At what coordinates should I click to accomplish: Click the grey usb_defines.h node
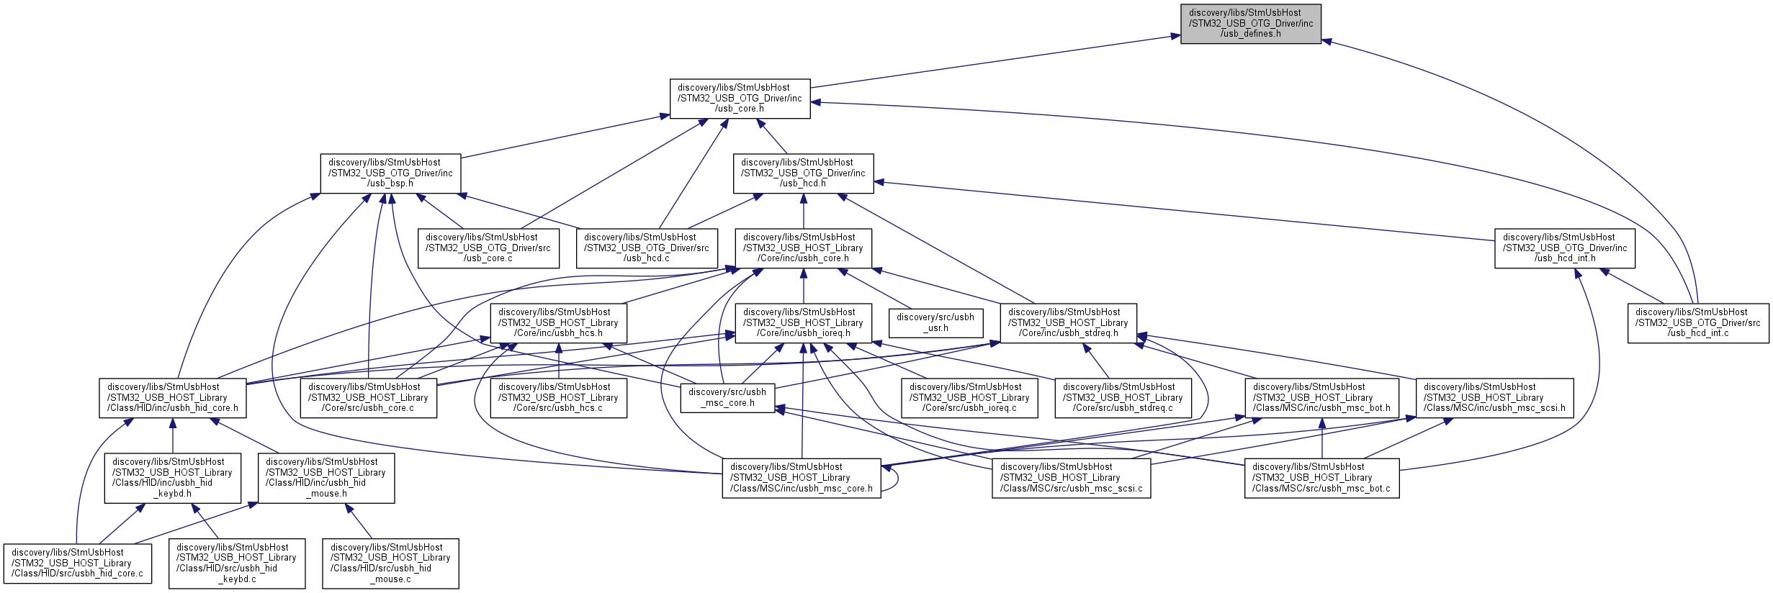[1250, 24]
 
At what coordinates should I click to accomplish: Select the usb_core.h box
[740, 99]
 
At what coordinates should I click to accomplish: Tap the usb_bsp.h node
[390, 173]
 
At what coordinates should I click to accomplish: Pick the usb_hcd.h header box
[803, 173]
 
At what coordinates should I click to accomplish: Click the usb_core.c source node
[488, 248]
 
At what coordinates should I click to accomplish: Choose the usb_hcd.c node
[647, 248]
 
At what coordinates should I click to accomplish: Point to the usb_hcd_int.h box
[1564, 248]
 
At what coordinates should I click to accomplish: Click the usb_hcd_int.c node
[1697, 323]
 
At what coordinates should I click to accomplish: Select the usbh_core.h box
[803, 248]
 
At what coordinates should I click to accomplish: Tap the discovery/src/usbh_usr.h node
[935, 323]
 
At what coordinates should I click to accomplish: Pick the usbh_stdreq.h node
[1068, 323]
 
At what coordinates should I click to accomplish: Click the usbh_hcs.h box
[558, 323]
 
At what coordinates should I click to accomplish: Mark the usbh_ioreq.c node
[969, 398]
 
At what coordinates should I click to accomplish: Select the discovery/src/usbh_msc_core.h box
[727, 398]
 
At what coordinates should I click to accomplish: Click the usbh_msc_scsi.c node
[1071, 478]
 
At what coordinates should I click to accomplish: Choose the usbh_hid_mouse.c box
[390, 563]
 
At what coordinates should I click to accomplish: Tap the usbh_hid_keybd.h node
[172, 478]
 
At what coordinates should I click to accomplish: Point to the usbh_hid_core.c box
[77, 563]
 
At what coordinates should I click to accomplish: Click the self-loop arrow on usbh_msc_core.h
[897, 478]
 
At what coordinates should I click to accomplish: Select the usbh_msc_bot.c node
[1321, 478]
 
